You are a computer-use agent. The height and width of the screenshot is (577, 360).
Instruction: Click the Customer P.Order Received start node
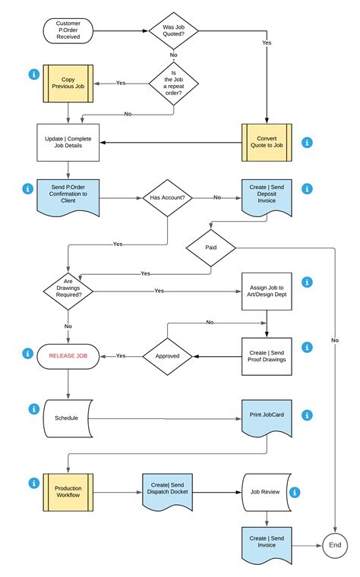click(68, 30)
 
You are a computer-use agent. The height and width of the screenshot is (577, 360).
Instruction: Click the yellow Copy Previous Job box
click(68, 84)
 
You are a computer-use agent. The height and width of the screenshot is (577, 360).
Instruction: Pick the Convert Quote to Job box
click(267, 142)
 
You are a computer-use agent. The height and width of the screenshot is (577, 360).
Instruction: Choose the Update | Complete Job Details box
click(68, 142)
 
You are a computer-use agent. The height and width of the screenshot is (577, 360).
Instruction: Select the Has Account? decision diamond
click(168, 197)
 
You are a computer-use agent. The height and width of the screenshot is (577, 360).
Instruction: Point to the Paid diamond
click(211, 247)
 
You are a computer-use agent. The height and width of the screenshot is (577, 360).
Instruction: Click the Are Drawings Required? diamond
click(68, 290)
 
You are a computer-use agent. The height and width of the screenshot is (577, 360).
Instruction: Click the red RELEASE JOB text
click(68, 355)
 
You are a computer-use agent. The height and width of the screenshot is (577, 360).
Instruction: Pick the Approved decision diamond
click(168, 355)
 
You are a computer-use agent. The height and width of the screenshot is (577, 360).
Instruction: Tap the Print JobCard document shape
click(267, 417)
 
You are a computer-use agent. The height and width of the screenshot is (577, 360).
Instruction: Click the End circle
click(334, 545)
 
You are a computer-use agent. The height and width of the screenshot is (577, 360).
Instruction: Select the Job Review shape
click(265, 491)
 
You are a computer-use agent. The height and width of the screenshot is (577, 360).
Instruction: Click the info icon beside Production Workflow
click(33, 482)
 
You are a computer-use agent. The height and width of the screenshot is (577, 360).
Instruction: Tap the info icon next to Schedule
click(33, 409)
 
